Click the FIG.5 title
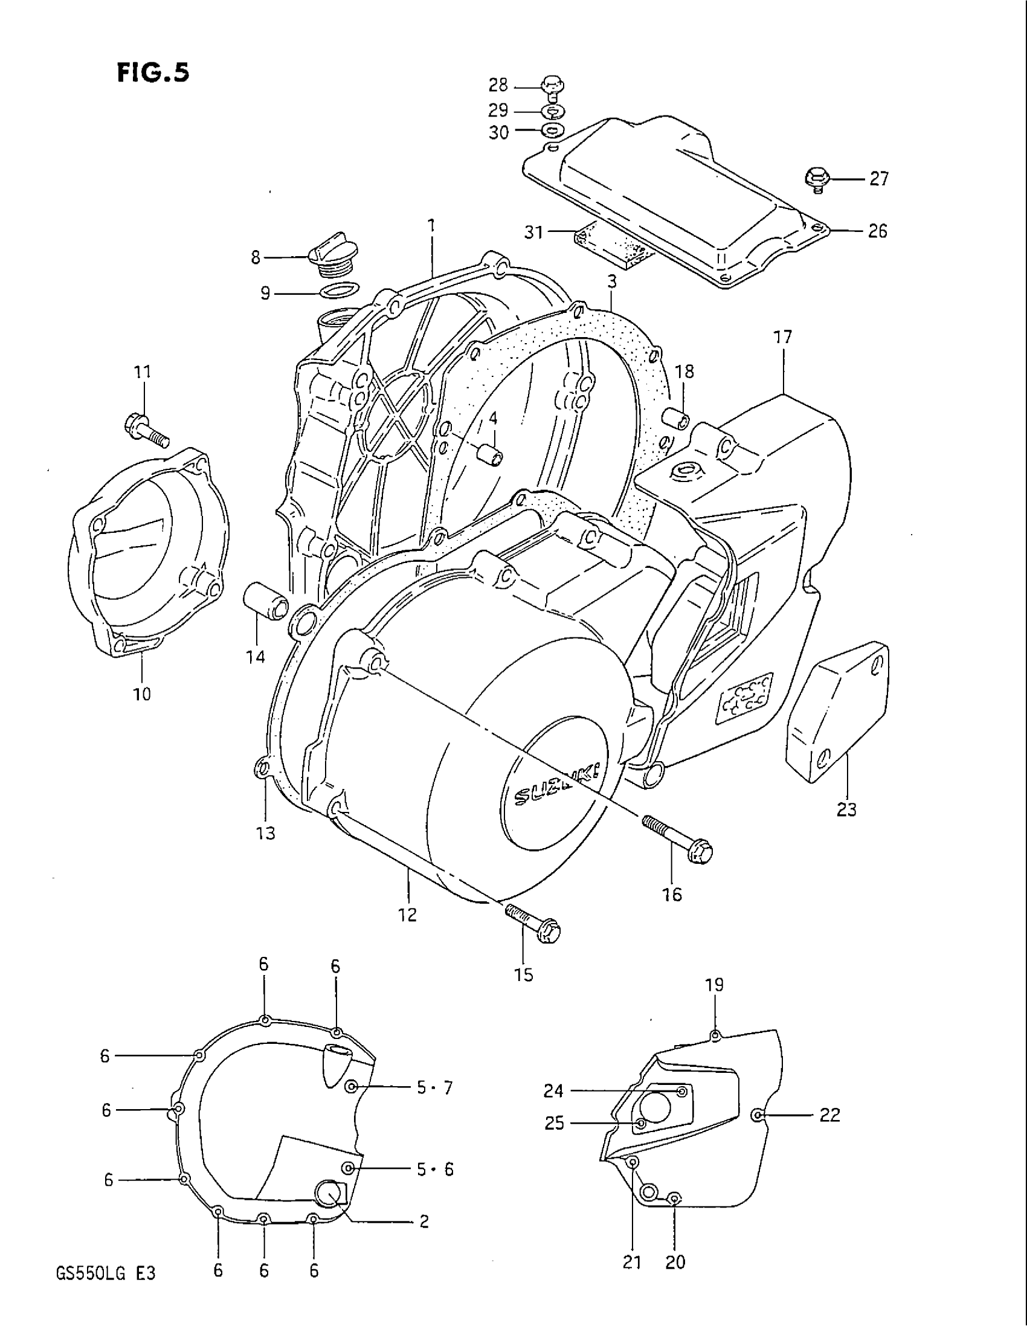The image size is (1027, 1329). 153,72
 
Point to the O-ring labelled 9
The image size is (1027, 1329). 339,290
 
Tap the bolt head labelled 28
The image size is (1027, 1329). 551,86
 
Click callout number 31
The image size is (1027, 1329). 533,232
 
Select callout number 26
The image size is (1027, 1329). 877,231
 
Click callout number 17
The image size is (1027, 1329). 782,337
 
